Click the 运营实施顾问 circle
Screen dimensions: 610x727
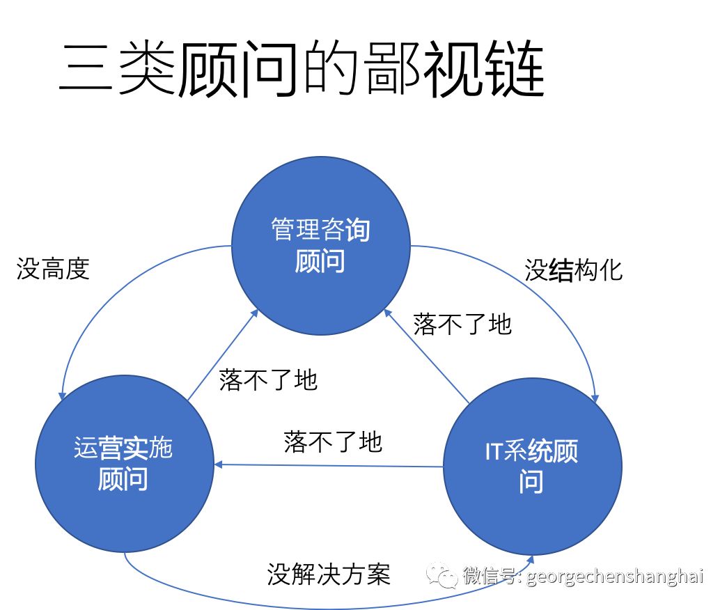[x=124, y=463]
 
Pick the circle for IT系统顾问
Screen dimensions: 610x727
[x=532, y=466]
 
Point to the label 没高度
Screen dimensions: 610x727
[x=54, y=269]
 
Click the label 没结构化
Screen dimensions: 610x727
[x=573, y=270]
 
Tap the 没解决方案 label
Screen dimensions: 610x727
[x=328, y=574]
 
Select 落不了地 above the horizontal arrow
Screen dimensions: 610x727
[x=333, y=441]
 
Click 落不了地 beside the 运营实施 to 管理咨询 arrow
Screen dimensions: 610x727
[x=268, y=380]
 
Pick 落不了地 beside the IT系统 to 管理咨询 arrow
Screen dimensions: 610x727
[x=462, y=324]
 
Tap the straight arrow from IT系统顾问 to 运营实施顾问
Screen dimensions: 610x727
[x=327, y=464]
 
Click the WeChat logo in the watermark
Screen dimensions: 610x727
[x=443, y=575]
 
